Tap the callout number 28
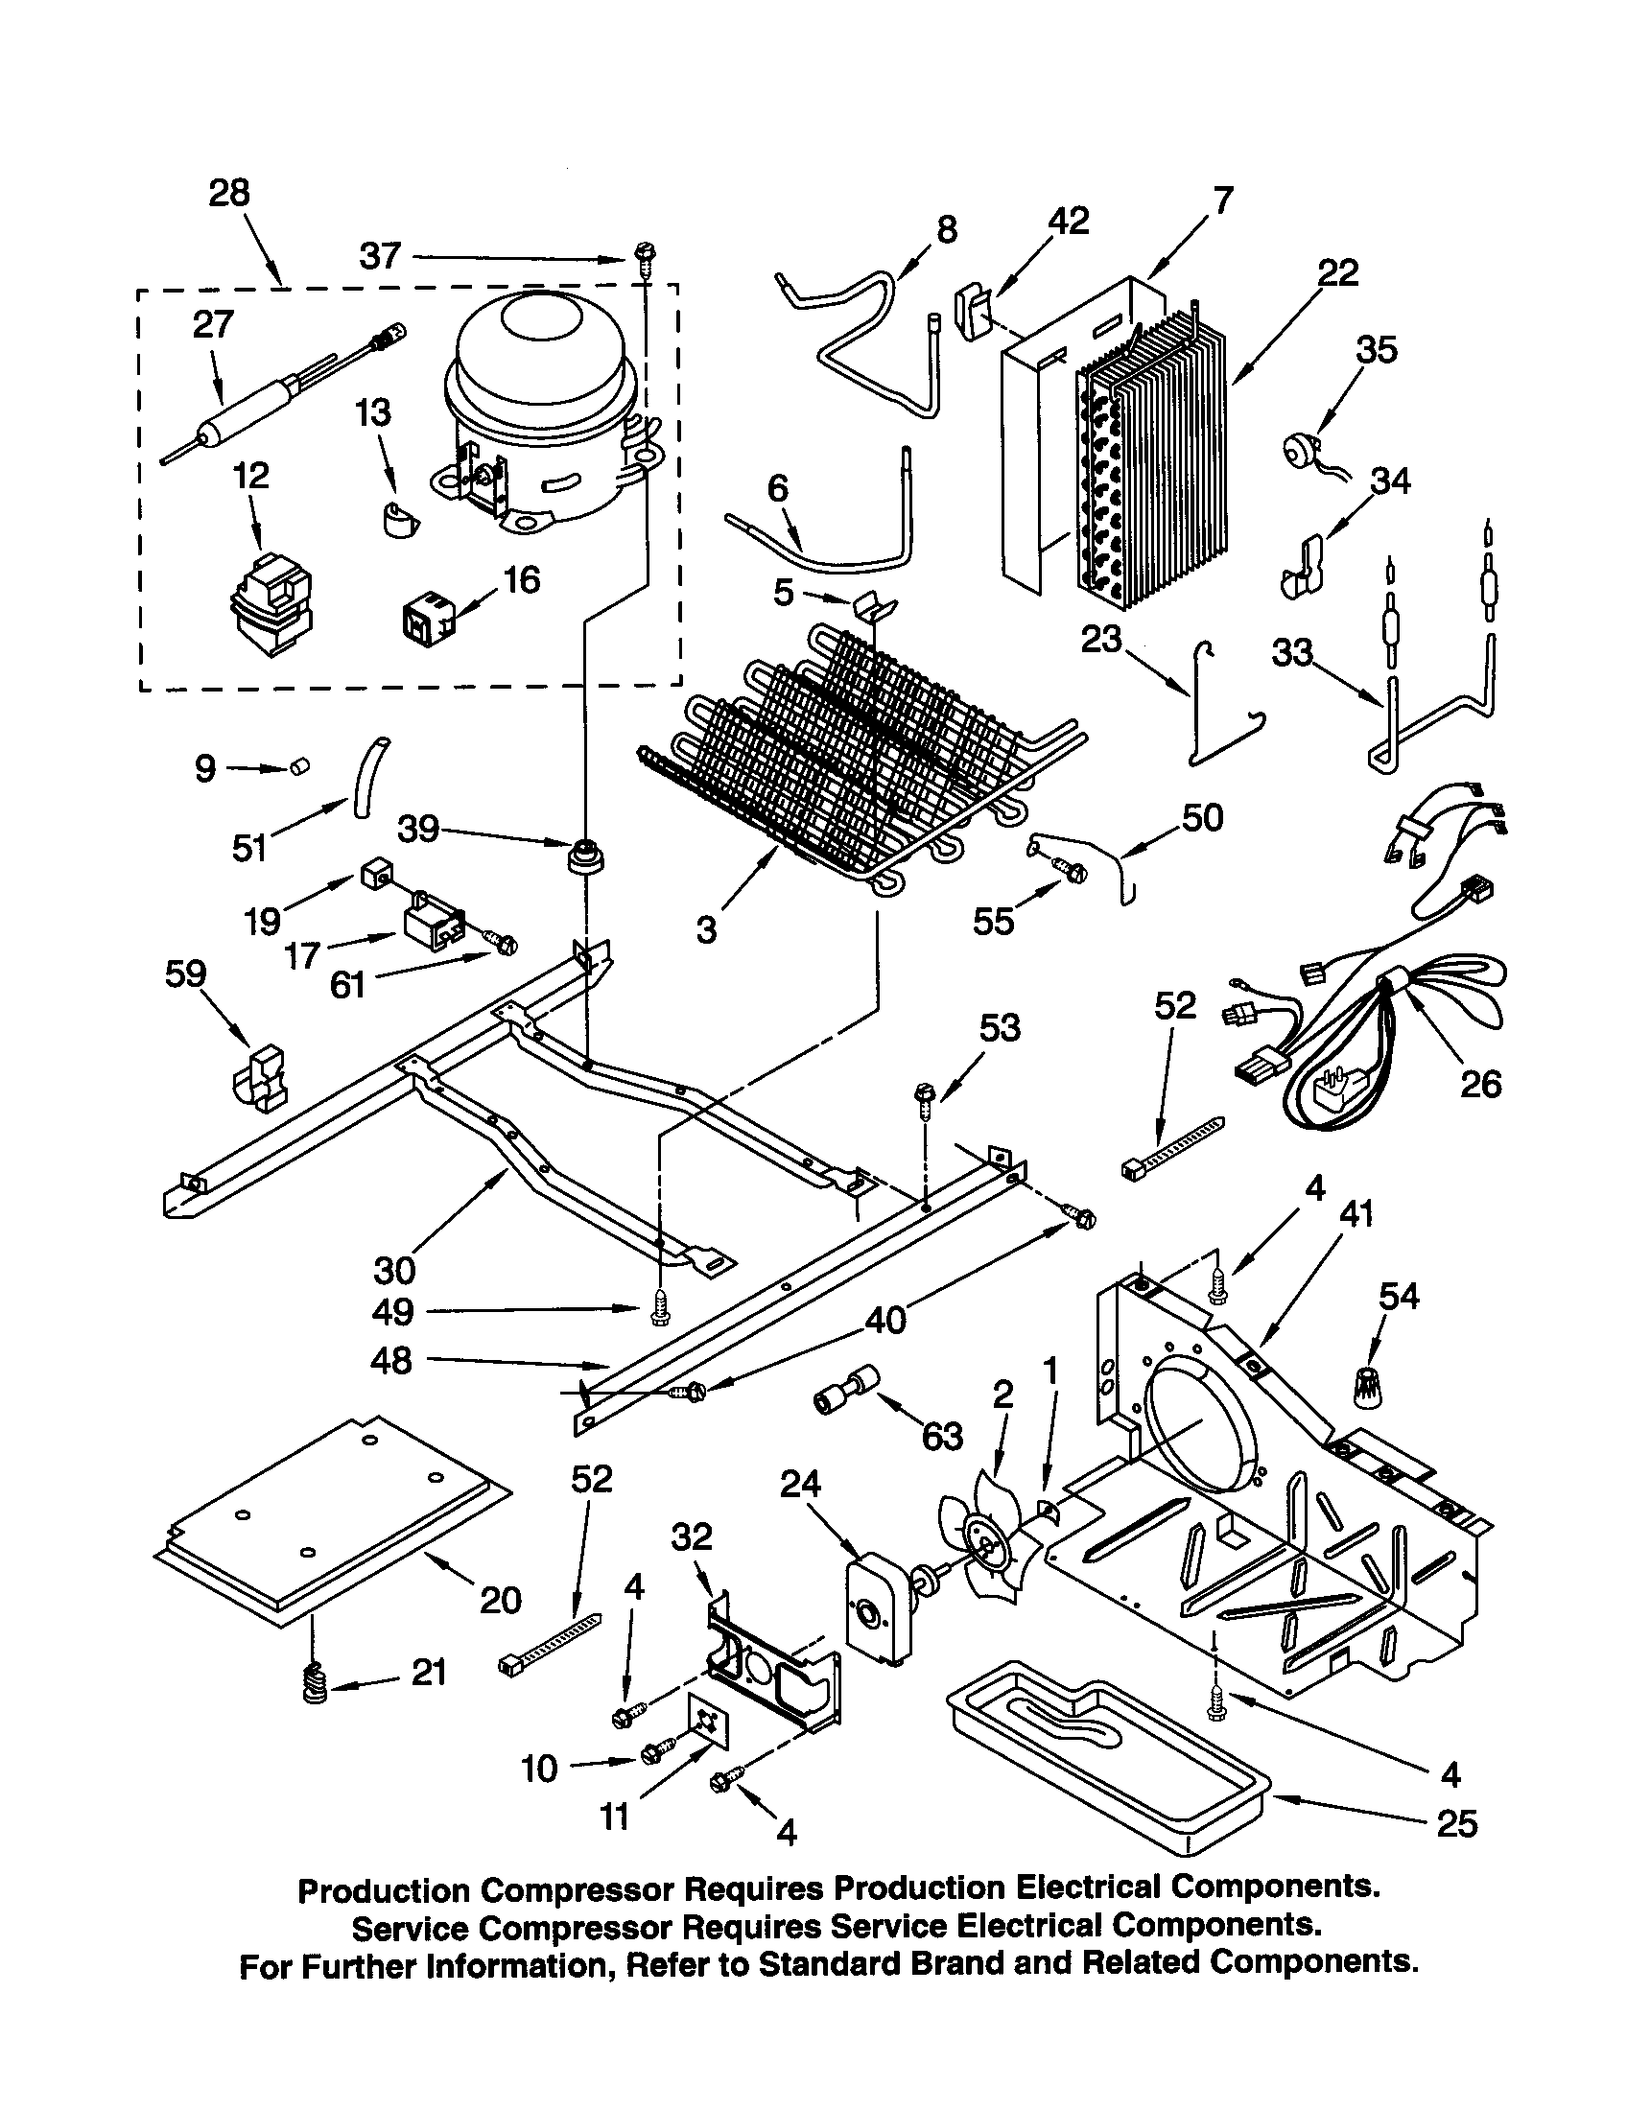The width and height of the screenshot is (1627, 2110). point(230,193)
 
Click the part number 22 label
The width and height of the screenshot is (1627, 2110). point(1337,272)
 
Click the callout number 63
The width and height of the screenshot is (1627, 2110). point(942,1437)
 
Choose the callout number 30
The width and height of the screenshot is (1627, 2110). point(394,1269)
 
